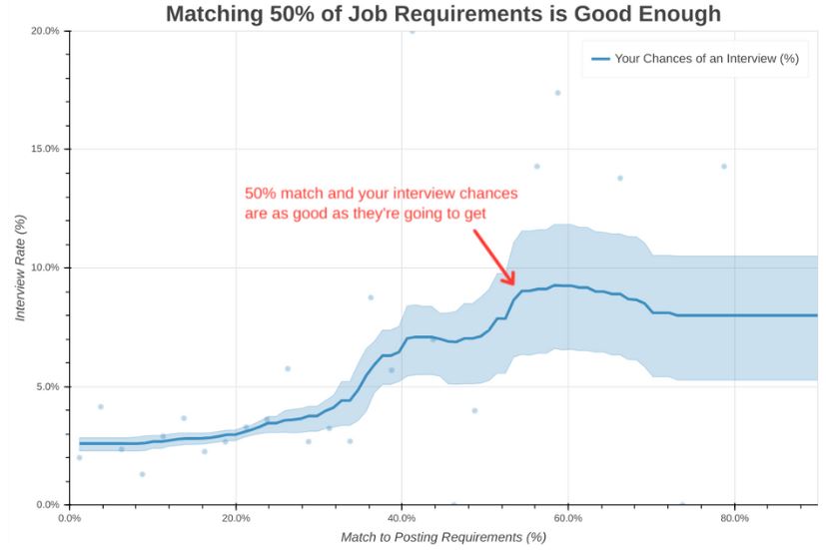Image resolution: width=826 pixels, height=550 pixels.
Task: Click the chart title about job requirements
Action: pyautogui.click(x=442, y=14)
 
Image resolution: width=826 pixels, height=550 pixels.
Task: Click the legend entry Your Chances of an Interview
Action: pyautogui.click(x=706, y=59)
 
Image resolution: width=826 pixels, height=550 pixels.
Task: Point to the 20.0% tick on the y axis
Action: pyautogui.click(x=45, y=31)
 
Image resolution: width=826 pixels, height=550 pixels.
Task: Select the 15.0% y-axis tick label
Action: pyautogui.click(x=45, y=149)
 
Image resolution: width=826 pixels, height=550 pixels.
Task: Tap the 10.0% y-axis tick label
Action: pyautogui.click(x=45, y=268)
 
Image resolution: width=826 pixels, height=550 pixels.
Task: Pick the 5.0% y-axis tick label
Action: pyautogui.click(x=47, y=386)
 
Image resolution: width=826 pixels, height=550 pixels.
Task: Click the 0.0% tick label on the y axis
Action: pyautogui.click(x=47, y=505)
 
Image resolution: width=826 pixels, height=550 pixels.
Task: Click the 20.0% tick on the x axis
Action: pyautogui.click(x=236, y=519)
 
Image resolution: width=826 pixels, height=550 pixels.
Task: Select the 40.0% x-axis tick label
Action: pyautogui.click(x=402, y=519)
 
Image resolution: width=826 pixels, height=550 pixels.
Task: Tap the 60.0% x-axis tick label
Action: pyautogui.click(x=567, y=519)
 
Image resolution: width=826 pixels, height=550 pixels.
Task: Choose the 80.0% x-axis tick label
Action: pyautogui.click(x=734, y=519)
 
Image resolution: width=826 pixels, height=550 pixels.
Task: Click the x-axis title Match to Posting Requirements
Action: pyautogui.click(x=442, y=538)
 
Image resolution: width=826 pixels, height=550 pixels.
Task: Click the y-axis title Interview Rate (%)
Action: pyautogui.click(x=19, y=268)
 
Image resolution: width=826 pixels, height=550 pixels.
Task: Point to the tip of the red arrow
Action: pyautogui.click(x=513, y=284)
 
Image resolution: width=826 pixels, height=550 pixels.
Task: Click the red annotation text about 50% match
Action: pyautogui.click(x=381, y=204)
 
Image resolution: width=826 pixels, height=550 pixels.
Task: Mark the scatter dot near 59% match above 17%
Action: pyautogui.click(x=558, y=93)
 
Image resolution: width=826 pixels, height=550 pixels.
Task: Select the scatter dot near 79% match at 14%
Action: pyautogui.click(x=724, y=167)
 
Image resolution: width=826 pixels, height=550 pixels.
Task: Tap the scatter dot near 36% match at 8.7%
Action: pyautogui.click(x=371, y=297)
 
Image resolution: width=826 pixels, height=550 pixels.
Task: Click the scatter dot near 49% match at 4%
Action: pyautogui.click(x=474, y=410)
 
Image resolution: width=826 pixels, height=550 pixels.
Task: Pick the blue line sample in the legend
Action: pyautogui.click(x=600, y=59)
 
